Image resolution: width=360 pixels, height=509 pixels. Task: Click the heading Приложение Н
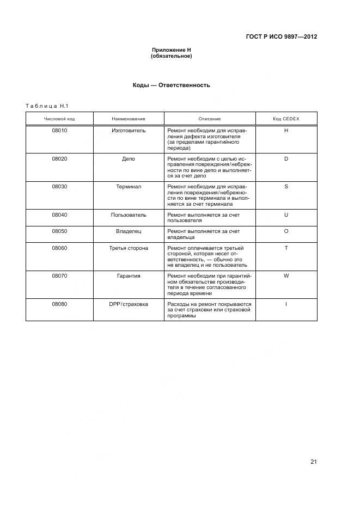(x=172, y=50)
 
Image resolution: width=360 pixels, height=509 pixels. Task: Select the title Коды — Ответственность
(x=172, y=85)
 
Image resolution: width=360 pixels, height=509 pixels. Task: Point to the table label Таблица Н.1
(x=47, y=106)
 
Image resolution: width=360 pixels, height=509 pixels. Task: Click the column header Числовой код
(x=59, y=119)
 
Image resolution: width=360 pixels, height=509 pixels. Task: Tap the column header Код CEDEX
(x=286, y=119)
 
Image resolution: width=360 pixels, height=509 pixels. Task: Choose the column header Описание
(x=210, y=119)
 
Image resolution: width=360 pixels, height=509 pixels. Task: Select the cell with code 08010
(x=59, y=131)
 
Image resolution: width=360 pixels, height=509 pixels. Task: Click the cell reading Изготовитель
(x=129, y=131)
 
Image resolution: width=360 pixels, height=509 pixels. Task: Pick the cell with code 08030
(x=59, y=187)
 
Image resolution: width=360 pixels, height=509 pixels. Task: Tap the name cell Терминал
(x=129, y=187)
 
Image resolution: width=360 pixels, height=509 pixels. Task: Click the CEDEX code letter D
(x=286, y=158)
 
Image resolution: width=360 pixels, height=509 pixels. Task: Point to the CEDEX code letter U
(x=286, y=215)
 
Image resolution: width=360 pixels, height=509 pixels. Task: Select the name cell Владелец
(x=129, y=231)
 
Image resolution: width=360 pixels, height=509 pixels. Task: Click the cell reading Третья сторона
(x=129, y=248)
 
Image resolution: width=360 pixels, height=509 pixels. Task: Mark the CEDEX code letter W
(x=286, y=276)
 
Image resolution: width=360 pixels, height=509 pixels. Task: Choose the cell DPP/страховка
(x=129, y=304)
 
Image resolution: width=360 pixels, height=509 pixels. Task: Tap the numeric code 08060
(x=59, y=248)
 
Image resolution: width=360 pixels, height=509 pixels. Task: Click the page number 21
(x=314, y=462)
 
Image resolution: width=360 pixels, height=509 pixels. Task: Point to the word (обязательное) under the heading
(x=172, y=56)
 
